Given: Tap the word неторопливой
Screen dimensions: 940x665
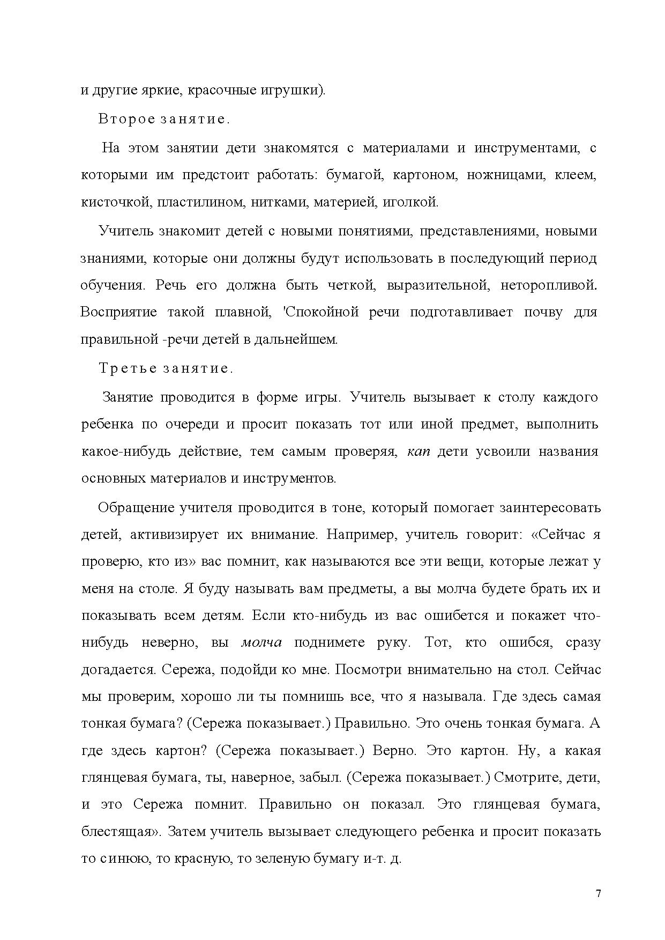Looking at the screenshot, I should [x=548, y=285].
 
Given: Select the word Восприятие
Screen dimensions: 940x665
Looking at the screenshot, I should [x=118, y=312].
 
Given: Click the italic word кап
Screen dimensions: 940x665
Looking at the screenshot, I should [x=419, y=451].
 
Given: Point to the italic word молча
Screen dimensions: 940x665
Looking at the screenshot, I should [x=261, y=642].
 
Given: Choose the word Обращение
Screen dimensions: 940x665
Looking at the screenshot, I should [x=131, y=507].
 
